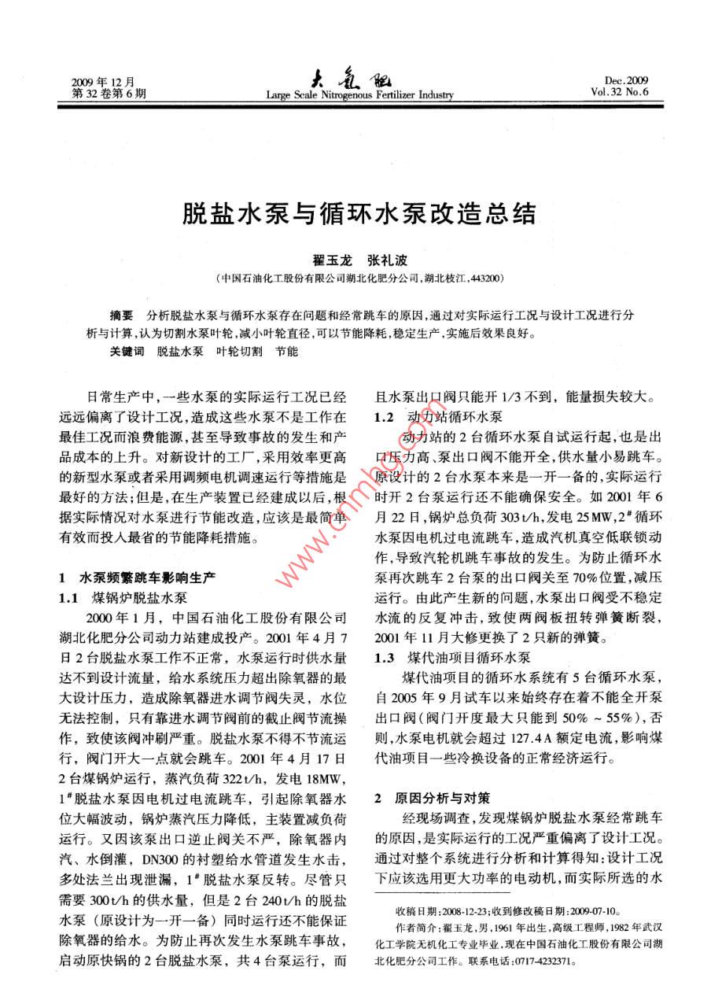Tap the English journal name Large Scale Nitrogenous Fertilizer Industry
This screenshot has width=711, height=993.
[x=359, y=95]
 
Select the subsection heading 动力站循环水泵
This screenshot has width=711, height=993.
[x=452, y=417]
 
